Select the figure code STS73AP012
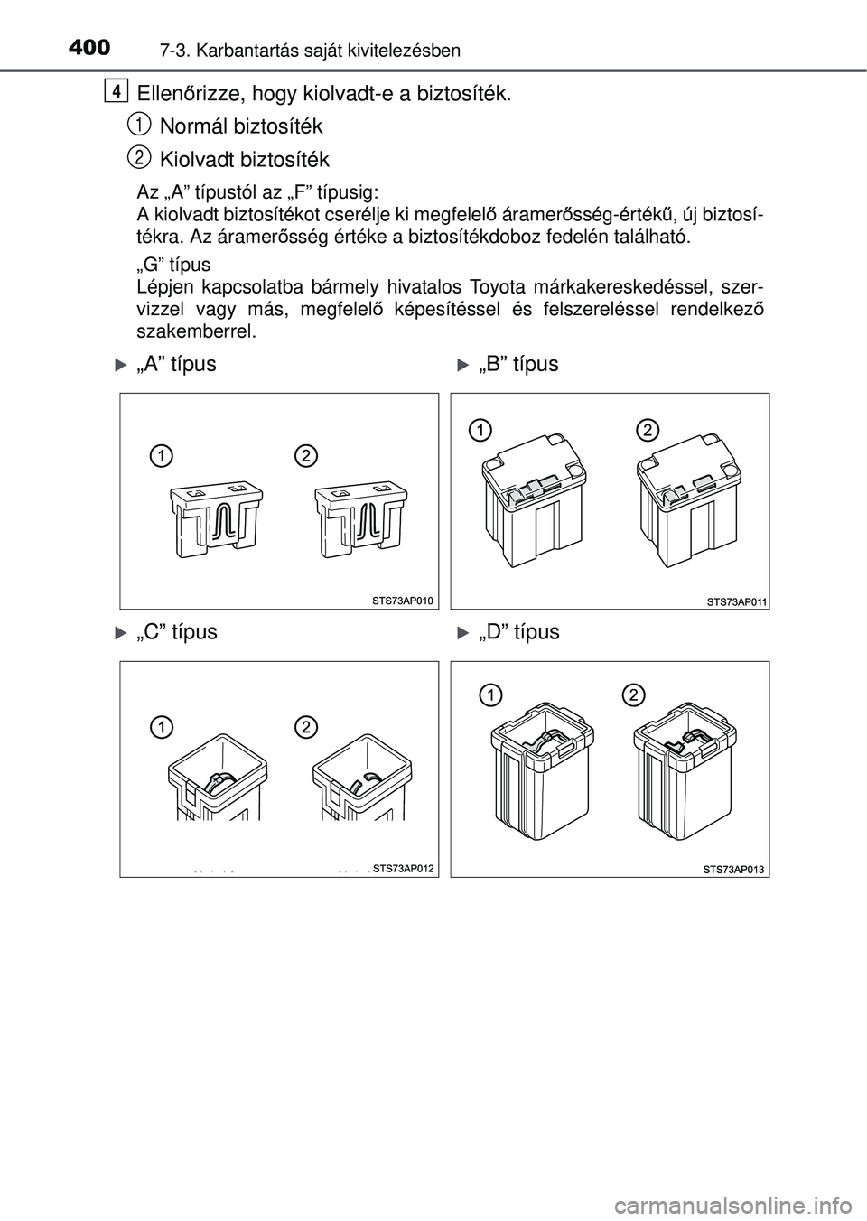click(404, 867)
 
